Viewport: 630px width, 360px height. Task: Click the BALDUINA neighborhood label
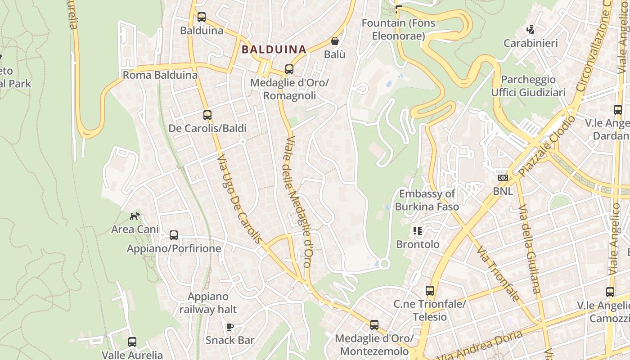click(274, 49)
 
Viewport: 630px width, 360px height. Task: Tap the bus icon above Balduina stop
click(202, 17)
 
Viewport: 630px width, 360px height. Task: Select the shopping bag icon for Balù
click(335, 41)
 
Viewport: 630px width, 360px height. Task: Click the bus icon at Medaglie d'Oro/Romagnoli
click(289, 69)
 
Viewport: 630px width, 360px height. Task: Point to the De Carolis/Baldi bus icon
click(207, 115)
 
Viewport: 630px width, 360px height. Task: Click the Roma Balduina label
click(160, 75)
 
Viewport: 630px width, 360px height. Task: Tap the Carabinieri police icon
click(531, 30)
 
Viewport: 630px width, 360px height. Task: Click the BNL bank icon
click(503, 178)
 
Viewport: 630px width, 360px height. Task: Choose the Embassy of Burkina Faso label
click(427, 200)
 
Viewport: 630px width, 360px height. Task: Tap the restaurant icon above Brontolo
click(418, 231)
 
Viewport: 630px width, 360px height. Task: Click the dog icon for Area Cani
click(135, 216)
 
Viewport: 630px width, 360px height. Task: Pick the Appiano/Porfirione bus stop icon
click(174, 235)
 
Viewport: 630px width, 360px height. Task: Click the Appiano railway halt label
click(208, 303)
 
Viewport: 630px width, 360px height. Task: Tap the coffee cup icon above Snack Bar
click(230, 327)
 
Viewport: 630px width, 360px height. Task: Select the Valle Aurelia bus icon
click(132, 342)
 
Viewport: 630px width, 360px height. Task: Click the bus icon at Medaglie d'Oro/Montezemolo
click(374, 325)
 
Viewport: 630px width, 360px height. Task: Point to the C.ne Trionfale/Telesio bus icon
click(430, 291)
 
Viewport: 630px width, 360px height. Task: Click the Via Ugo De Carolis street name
click(239, 199)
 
